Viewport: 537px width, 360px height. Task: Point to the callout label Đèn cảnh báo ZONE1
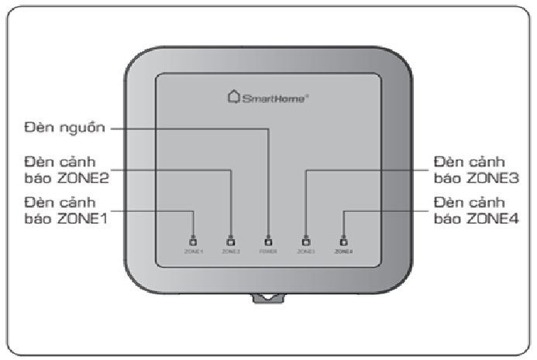tap(66, 210)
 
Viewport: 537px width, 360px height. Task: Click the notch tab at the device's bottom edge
tap(268, 297)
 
